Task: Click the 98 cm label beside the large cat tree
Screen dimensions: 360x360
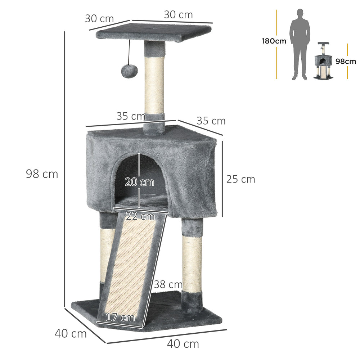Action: point(42,174)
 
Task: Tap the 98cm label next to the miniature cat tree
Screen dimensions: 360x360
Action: point(345,61)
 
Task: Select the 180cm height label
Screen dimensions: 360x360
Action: point(274,41)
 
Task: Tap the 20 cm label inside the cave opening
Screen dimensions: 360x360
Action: point(139,182)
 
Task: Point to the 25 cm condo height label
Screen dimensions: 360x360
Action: point(240,179)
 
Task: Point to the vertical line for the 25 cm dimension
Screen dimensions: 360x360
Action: point(222,179)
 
